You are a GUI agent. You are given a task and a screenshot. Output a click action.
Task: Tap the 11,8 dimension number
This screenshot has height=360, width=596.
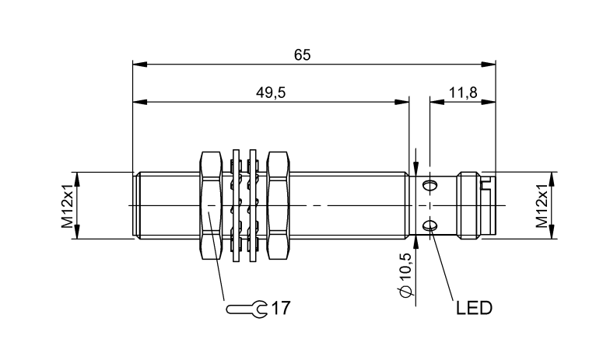tap(462, 93)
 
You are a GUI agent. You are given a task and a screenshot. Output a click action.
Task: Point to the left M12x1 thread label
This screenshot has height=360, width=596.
tap(68, 205)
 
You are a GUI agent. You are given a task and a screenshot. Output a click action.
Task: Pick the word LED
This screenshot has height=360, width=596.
tap(474, 309)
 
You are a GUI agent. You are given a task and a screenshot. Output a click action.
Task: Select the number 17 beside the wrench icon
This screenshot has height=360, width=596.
tap(281, 309)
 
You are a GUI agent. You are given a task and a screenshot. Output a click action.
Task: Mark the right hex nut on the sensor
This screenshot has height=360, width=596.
tap(279, 205)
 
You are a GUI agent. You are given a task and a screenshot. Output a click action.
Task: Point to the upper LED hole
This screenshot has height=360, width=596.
tap(430, 185)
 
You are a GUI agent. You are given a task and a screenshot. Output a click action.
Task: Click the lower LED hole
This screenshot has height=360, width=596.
tap(430, 225)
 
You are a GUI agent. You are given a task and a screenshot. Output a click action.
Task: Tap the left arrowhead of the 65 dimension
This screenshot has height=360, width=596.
tap(138, 62)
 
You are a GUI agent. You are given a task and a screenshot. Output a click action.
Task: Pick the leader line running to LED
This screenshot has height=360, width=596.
tap(441, 264)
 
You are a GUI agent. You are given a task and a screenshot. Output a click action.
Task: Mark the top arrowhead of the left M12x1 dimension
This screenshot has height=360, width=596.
tap(79, 177)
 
